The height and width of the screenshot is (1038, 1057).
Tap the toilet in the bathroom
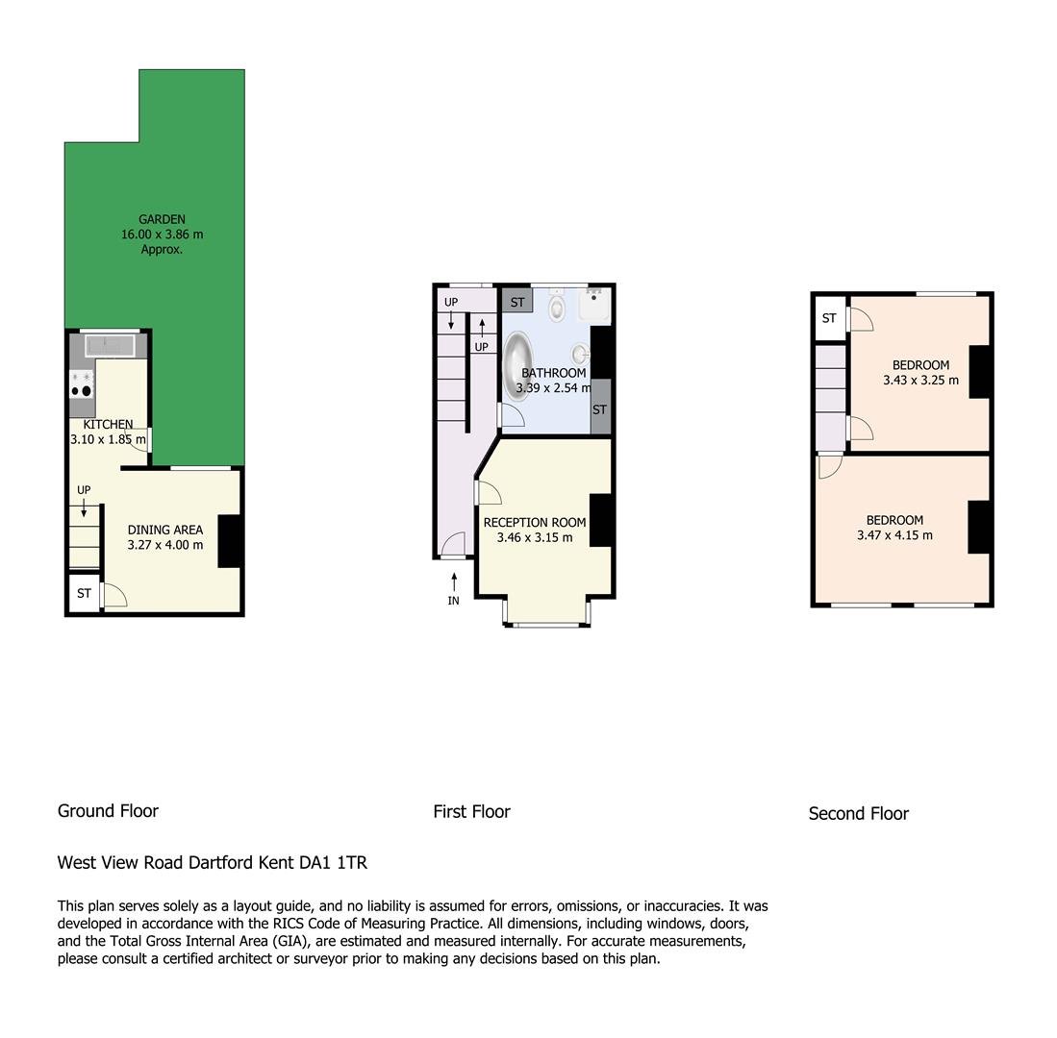click(556, 306)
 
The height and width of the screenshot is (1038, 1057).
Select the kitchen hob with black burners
click(83, 384)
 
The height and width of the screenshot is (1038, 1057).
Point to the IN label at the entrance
click(454, 600)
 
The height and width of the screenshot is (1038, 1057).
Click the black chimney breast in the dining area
click(230, 541)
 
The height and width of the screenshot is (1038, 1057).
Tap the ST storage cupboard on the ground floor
click(85, 593)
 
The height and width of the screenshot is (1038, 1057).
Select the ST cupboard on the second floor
click(830, 318)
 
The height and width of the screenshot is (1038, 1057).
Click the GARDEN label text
click(162, 219)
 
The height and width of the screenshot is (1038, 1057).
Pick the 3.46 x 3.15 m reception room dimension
click(535, 537)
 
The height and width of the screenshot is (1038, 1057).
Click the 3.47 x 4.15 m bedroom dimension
click(894, 535)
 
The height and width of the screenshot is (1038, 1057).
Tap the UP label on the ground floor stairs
click(84, 490)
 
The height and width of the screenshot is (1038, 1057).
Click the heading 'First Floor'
click(472, 812)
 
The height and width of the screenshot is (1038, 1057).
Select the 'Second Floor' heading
click(858, 814)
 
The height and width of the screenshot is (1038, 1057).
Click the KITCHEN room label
click(108, 425)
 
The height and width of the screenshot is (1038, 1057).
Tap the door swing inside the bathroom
click(512, 414)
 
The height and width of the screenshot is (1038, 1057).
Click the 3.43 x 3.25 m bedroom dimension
click(920, 381)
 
